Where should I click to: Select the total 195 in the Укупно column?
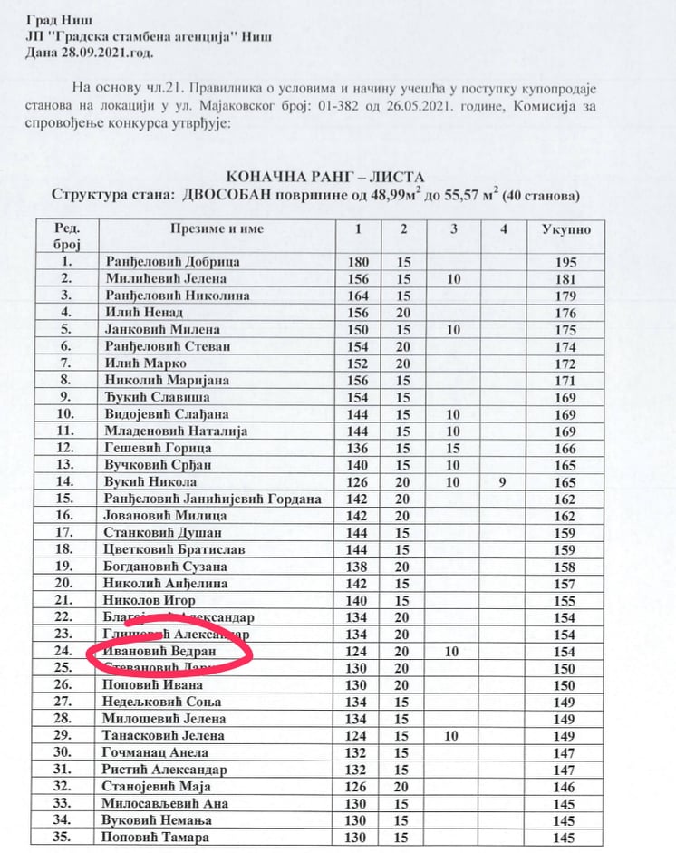pyautogui.click(x=565, y=262)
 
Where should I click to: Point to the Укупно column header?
pyautogui.click(x=565, y=228)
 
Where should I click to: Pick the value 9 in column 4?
pyautogui.click(x=504, y=481)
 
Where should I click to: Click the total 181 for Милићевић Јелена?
pyautogui.click(x=565, y=278)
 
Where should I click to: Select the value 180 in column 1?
pyautogui.click(x=361, y=262)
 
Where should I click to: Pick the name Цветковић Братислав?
pyautogui.click(x=174, y=549)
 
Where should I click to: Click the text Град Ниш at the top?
pyautogui.click(x=55, y=19)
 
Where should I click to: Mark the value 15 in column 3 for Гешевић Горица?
pyautogui.click(x=454, y=448)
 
